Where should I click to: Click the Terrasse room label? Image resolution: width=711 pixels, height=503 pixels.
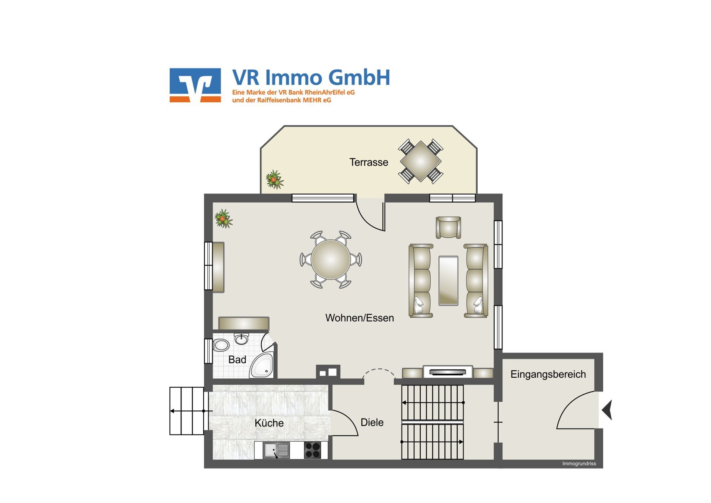click(x=368, y=162)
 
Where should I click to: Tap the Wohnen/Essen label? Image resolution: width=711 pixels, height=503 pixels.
click(x=360, y=318)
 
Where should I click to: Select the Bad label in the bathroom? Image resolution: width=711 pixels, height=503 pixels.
click(x=237, y=360)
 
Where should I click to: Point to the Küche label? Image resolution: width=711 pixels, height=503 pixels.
click(x=269, y=423)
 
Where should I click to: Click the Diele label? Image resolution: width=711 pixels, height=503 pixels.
click(x=372, y=422)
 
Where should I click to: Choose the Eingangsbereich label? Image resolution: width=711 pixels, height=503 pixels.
click(x=548, y=374)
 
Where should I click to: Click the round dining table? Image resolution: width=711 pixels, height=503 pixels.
click(x=331, y=259)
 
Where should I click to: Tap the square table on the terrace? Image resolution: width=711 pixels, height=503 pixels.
click(x=421, y=161)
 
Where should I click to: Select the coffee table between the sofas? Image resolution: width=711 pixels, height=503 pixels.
click(x=448, y=281)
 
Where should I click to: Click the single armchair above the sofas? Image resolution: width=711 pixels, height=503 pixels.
click(x=448, y=227)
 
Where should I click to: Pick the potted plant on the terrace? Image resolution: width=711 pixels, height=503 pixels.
click(x=275, y=179)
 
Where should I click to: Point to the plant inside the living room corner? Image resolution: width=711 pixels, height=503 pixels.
click(x=223, y=218)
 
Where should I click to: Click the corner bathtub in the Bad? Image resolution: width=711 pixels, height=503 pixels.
click(x=262, y=366)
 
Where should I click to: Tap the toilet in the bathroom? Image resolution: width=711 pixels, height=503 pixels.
click(x=221, y=345)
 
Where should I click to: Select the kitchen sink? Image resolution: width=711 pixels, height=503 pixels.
click(x=276, y=450)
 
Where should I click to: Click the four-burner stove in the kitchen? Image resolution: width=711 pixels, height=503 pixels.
click(x=313, y=450)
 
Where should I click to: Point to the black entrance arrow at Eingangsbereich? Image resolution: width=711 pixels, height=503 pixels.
click(x=607, y=410)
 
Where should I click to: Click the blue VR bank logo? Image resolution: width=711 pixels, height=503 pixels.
click(x=195, y=85)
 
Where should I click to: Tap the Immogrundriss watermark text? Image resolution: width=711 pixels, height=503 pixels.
click(x=579, y=464)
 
